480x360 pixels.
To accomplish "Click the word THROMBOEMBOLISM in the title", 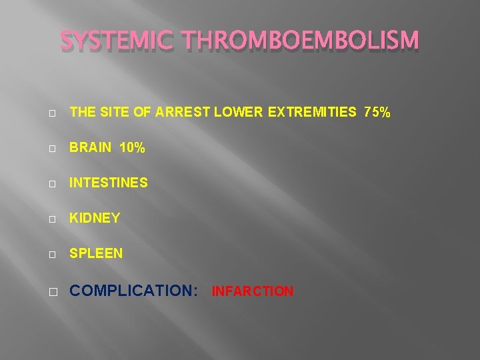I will (300, 42).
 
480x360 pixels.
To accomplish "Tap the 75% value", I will (377, 113).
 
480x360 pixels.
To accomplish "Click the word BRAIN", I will (91, 148).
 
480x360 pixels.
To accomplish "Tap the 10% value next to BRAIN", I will (133, 148).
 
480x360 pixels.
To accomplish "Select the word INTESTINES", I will (109, 183).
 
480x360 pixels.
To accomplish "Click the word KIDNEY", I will (95, 218).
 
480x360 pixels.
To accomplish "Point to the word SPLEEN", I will (96, 253).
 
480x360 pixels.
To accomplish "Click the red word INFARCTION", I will (253, 291).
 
